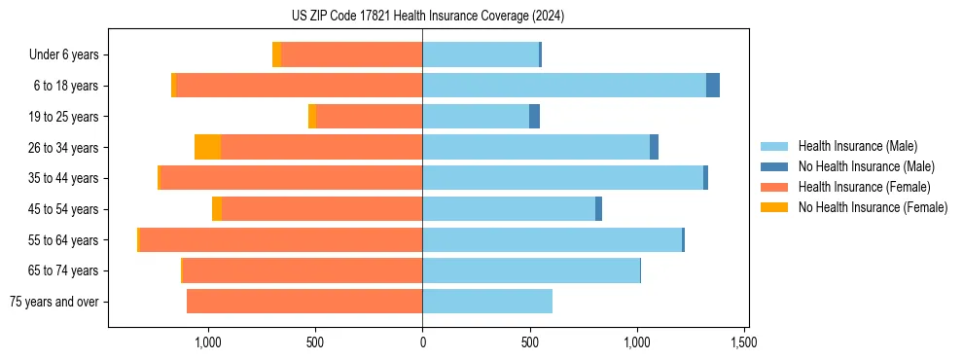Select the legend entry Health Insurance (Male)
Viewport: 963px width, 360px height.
(857, 146)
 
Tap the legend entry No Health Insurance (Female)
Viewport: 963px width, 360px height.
(873, 207)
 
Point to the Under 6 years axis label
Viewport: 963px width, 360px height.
(63, 54)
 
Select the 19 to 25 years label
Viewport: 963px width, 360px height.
(65, 117)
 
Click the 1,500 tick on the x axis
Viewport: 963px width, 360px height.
(744, 342)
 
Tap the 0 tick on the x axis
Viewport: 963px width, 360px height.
(422, 342)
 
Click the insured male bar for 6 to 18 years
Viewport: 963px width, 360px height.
(564, 86)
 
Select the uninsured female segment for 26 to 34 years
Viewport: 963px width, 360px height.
(207, 147)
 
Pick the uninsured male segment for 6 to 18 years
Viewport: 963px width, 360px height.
(713, 86)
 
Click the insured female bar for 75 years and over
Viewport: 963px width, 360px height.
(304, 302)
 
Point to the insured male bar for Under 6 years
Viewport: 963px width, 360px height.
(481, 54)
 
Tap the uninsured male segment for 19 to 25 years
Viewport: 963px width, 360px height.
(534, 117)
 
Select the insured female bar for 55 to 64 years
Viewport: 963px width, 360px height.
(281, 239)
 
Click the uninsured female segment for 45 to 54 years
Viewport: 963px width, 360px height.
(217, 209)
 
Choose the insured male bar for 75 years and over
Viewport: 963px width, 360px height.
(487, 302)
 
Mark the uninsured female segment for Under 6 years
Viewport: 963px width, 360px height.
(277, 54)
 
